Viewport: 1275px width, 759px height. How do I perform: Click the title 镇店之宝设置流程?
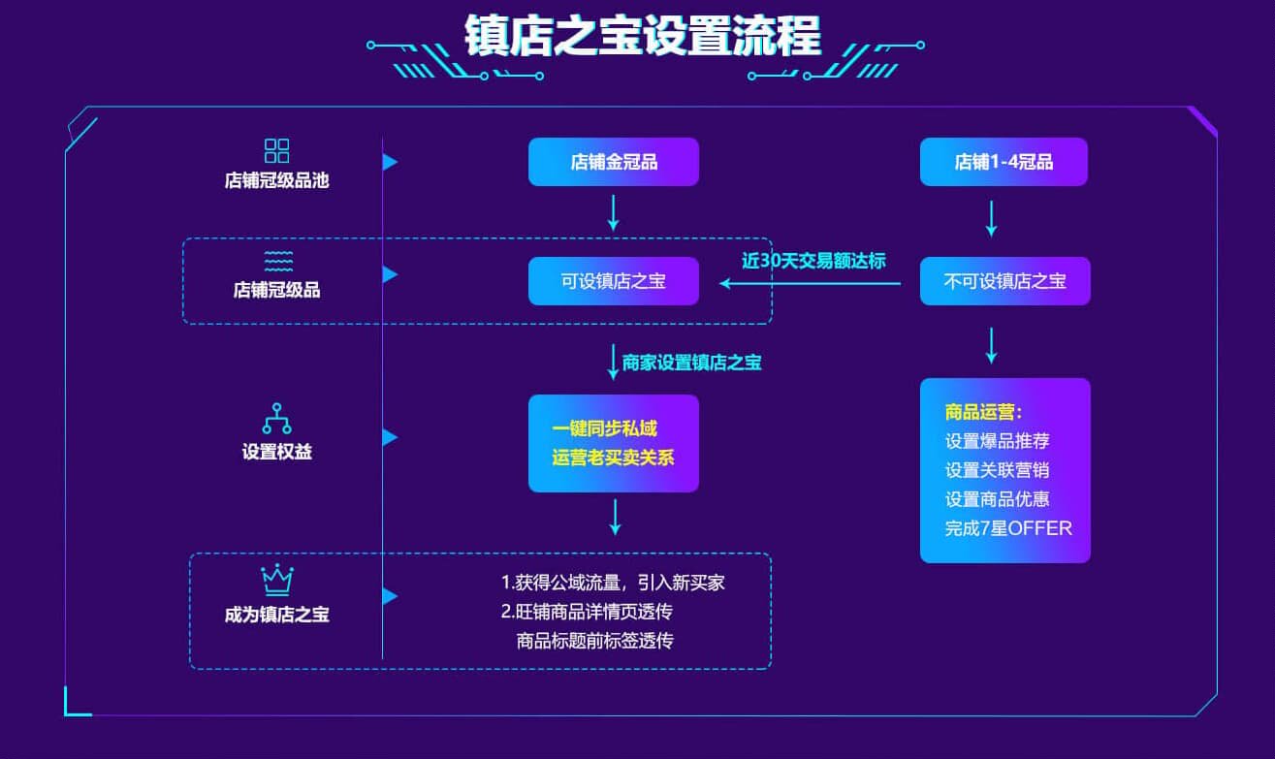pyautogui.click(x=643, y=37)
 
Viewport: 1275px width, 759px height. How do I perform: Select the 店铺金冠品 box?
pyautogui.click(x=613, y=162)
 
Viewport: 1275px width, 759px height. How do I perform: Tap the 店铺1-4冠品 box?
pyautogui.click(x=1004, y=162)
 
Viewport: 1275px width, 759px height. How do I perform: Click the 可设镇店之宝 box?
pyautogui.click(x=613, y=281)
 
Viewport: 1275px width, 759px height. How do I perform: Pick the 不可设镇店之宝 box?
pyautogui.click(x=1004, y=281)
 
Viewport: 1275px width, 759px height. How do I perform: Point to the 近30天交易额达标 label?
pyautogui.click(x=813, y=260)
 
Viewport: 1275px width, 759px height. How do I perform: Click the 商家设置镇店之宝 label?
pyautogui.click(x=691, y=363)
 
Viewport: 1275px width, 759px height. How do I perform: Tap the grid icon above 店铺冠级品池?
pyautogui.click(x=276, y=151)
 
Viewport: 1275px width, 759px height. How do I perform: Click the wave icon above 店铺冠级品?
pyautogui.click(x=277, y=261)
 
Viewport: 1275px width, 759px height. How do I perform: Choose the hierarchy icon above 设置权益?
pyautogui.click(x=276, y=419)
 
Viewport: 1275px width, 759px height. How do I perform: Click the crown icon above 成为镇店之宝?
pyautogui.click(x=276, y=580)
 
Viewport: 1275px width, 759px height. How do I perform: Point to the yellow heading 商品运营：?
pyautogui.click(x=983, y=411)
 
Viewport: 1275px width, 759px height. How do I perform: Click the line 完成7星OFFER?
pyautogui.click(x=1008, y=528)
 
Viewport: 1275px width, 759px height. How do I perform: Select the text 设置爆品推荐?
pyautogui.click(x=997, y=440)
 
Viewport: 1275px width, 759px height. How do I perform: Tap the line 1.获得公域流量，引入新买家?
pyautogui.click(x=613, y=583)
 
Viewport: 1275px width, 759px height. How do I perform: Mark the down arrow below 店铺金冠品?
pyautogui.click(x=613, y=211)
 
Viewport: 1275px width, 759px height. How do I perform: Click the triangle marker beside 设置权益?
pyautogui.click(x=390, y=438)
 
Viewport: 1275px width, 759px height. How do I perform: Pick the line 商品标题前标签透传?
pyautogui.click(x=594, y=640)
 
